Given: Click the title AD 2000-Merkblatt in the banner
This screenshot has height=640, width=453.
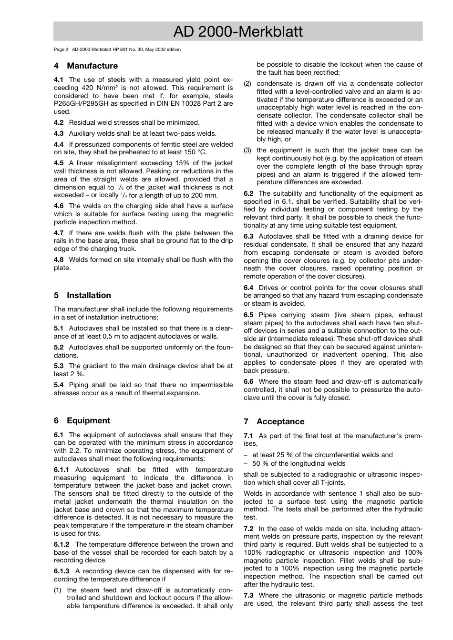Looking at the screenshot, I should coord(238,32).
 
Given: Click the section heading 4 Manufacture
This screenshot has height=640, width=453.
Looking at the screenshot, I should coord(86,66).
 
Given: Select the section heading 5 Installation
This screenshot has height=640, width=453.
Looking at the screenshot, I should coord(82,295).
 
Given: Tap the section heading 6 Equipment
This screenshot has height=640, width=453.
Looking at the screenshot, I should coord(82,420).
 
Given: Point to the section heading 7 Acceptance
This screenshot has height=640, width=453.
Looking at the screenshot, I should coord(274,421).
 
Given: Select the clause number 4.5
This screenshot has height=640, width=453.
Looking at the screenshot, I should coord(59,163).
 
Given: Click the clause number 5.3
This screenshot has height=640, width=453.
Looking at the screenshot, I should coord(59,366).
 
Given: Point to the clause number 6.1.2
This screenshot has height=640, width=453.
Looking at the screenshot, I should coord(62,544).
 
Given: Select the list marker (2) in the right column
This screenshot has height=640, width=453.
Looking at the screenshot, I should coord(247,84).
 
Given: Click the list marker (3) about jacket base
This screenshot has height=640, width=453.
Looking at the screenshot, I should coord(247,150).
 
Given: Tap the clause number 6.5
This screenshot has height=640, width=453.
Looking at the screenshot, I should coord(248,315).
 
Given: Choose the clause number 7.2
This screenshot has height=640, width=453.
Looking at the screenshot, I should coord(248,529).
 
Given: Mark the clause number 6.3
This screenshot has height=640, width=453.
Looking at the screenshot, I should coord(248,236).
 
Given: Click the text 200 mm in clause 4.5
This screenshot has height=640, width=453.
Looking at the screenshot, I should coord(205,195).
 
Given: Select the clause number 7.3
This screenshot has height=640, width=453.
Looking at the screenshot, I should coord(248,595).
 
